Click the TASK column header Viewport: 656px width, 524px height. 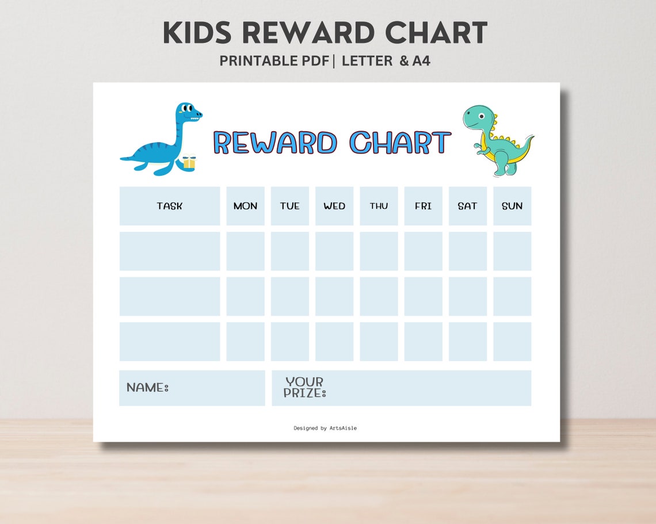click(x=169, y=206)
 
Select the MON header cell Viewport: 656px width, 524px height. click(x=245, y=206)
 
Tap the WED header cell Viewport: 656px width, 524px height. click(x=334, y=206)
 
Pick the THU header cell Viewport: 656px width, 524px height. click(x=379, y=206)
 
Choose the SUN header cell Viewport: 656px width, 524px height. click(x=512, y=206)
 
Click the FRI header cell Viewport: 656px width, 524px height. click(x=423, y=206)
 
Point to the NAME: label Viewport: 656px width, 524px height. click(x=147, y=388)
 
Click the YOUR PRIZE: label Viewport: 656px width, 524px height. click(x=305, y=387)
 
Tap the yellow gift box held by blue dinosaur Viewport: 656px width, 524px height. click(x=189, y=163)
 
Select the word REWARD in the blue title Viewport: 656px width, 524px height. click(x=275, y=143)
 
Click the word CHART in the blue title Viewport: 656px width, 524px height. click(x=401, y=143)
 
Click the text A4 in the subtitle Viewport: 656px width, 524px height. click(x=421, y=61)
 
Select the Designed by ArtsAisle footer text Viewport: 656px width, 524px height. click(x=325, y=428)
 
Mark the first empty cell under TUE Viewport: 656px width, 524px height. click(x=289, y=251)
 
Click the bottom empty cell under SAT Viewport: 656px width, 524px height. click(x=467, y=342)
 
